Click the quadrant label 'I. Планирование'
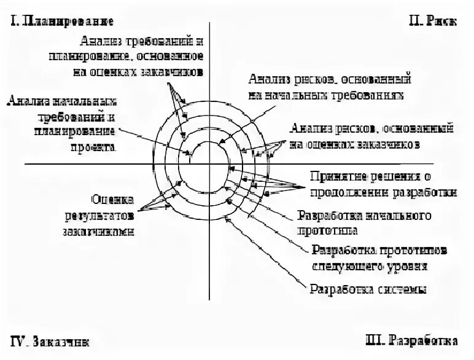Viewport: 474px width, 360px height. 62,22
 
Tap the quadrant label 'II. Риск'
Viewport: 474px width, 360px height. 432,22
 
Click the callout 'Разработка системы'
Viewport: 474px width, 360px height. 368,289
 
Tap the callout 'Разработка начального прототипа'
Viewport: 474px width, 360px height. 364,223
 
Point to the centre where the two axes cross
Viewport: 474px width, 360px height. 209,164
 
